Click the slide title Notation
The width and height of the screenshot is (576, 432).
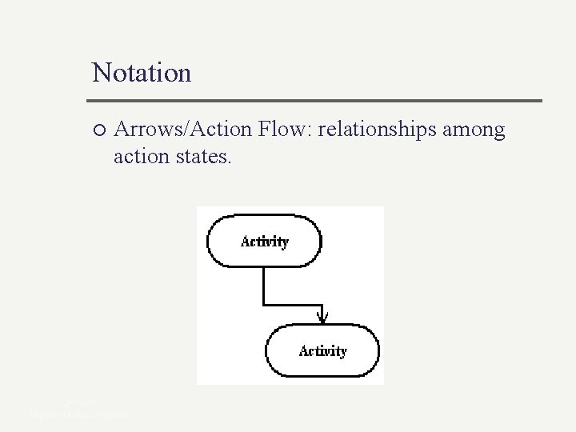tap(142, 73)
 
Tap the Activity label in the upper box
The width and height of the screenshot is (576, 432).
tap(265, 241)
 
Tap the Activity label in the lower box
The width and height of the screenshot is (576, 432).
tap(322, 350)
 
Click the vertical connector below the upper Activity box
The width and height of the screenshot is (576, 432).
tap(264, 284)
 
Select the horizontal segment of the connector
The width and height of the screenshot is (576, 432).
tap(293, 304)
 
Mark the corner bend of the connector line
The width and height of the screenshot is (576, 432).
tap(264, 304)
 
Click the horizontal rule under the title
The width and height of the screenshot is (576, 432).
tap(317, 101)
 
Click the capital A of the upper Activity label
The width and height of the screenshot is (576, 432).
tap(246, 241)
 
